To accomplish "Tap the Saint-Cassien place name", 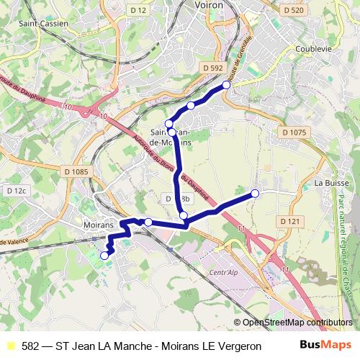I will (43, 23).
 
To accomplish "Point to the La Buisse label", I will (332, 184).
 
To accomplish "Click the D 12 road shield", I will (138, 9).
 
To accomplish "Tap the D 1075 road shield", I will (294, 132).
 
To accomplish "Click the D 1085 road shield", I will (75, 171).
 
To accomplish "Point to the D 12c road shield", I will (16, 191).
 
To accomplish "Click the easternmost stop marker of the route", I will (255, 193).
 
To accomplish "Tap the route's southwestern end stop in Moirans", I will (104, 255).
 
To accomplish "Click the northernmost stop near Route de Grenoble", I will (226, 85).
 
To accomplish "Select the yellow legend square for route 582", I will (10, 346).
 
